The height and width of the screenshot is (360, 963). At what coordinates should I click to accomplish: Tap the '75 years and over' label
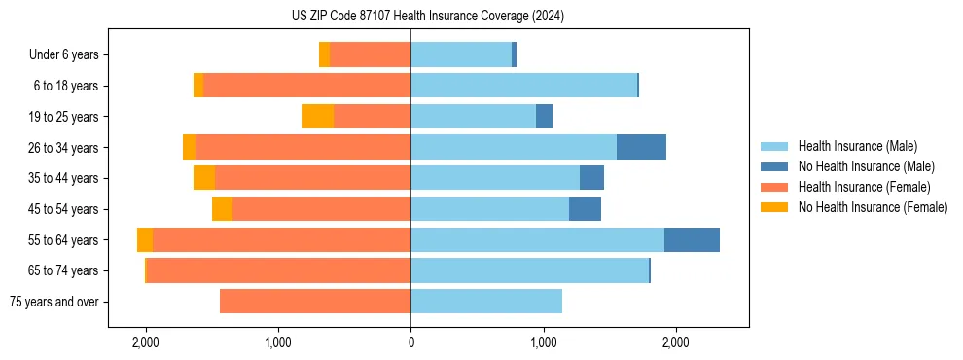click(54, 302)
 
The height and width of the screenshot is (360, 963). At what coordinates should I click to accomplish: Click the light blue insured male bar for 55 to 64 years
click(537, 240)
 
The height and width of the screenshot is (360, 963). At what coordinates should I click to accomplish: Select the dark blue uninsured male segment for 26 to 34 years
click(641, 148)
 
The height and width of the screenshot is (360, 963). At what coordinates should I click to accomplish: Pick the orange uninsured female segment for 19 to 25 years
click(317, 117)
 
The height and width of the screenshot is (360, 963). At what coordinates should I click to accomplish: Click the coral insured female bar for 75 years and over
click(315, 302)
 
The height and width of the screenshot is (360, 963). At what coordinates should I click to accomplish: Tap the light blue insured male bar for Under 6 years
click(461, 55)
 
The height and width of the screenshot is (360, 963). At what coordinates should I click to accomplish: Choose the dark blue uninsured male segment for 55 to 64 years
click(692, 240)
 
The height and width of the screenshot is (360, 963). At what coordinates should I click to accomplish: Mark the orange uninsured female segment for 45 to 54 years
click(222, 209)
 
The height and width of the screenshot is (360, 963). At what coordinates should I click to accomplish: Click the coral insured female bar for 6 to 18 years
click(306, 86)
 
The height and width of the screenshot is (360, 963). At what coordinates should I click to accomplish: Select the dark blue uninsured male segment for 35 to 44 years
click(591, 178)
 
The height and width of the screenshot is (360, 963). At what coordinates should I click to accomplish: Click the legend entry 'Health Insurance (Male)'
click(857, 146)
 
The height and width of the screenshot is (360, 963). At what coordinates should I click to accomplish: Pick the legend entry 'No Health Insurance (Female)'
click(873, 207)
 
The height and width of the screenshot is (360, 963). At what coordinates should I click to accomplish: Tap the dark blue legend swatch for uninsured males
click(774, 166)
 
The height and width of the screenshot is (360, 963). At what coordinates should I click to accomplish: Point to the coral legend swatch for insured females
click(774, 187)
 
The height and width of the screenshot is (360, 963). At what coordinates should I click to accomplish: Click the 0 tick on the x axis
click(410, 342)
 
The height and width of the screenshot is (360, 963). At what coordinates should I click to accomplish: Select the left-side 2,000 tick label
click(146, 342)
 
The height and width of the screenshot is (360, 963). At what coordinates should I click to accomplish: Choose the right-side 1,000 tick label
click(543, 342)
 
